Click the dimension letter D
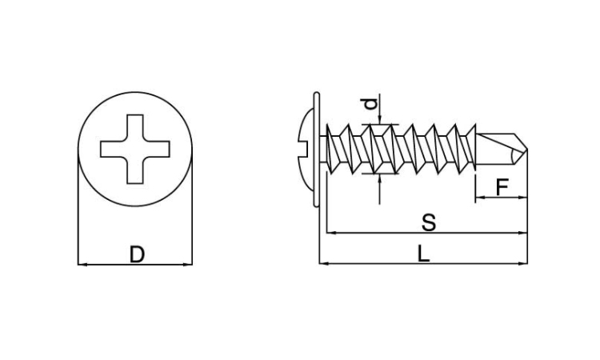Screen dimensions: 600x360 [137, 254]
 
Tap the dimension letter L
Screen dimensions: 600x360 [423, 254]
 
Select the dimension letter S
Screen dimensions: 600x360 [429, 222]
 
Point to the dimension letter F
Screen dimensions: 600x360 [502, 187]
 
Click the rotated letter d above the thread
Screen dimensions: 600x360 [370, 104]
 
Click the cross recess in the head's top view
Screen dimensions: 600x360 [135, 149]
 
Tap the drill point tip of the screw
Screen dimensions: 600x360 [527, 150]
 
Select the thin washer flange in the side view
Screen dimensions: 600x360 [316, 150]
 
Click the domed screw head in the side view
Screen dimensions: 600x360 [306, 150]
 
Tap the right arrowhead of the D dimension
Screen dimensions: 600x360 [187, 264]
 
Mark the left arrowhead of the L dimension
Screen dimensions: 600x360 [324, 263]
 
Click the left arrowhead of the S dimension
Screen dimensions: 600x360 [331, 232]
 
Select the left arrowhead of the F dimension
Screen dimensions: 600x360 [480, 198]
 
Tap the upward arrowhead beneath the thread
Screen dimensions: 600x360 [379, 178]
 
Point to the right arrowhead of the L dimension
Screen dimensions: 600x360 [522, 263]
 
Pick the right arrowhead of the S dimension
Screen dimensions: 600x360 [522, 232]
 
